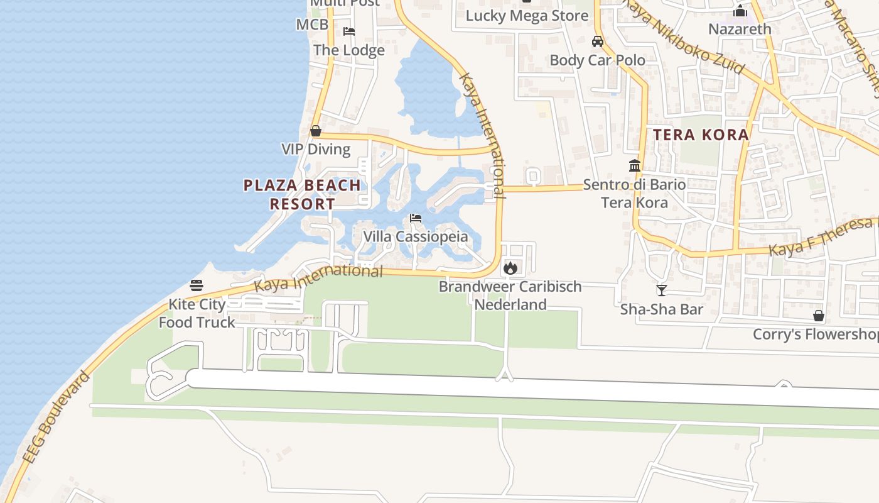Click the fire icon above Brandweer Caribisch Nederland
(x=510, y=268)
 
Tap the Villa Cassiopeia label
(x=416, y=237)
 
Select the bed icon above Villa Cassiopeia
(x=415, y=219)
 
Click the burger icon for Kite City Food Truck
(x=197, y=285)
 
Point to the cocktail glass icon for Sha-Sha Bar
(x=661, y=290)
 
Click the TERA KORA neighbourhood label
(x=701, y=135)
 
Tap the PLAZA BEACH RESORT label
(x=302, y=194)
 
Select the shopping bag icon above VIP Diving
(x=316, y=131)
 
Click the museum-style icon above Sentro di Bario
(x=635, y=166)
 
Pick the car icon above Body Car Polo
(x=598, y=41)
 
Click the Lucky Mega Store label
(x=527, y=16)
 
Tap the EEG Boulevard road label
(x=56, y=418)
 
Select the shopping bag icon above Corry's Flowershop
(x=819, y=315)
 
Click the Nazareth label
(x=740, y=29)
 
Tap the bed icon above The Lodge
(x=349, y=31)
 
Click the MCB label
(x=312, y=25)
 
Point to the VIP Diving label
(x=316, y=149)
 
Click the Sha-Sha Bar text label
(x=661, y=309)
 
